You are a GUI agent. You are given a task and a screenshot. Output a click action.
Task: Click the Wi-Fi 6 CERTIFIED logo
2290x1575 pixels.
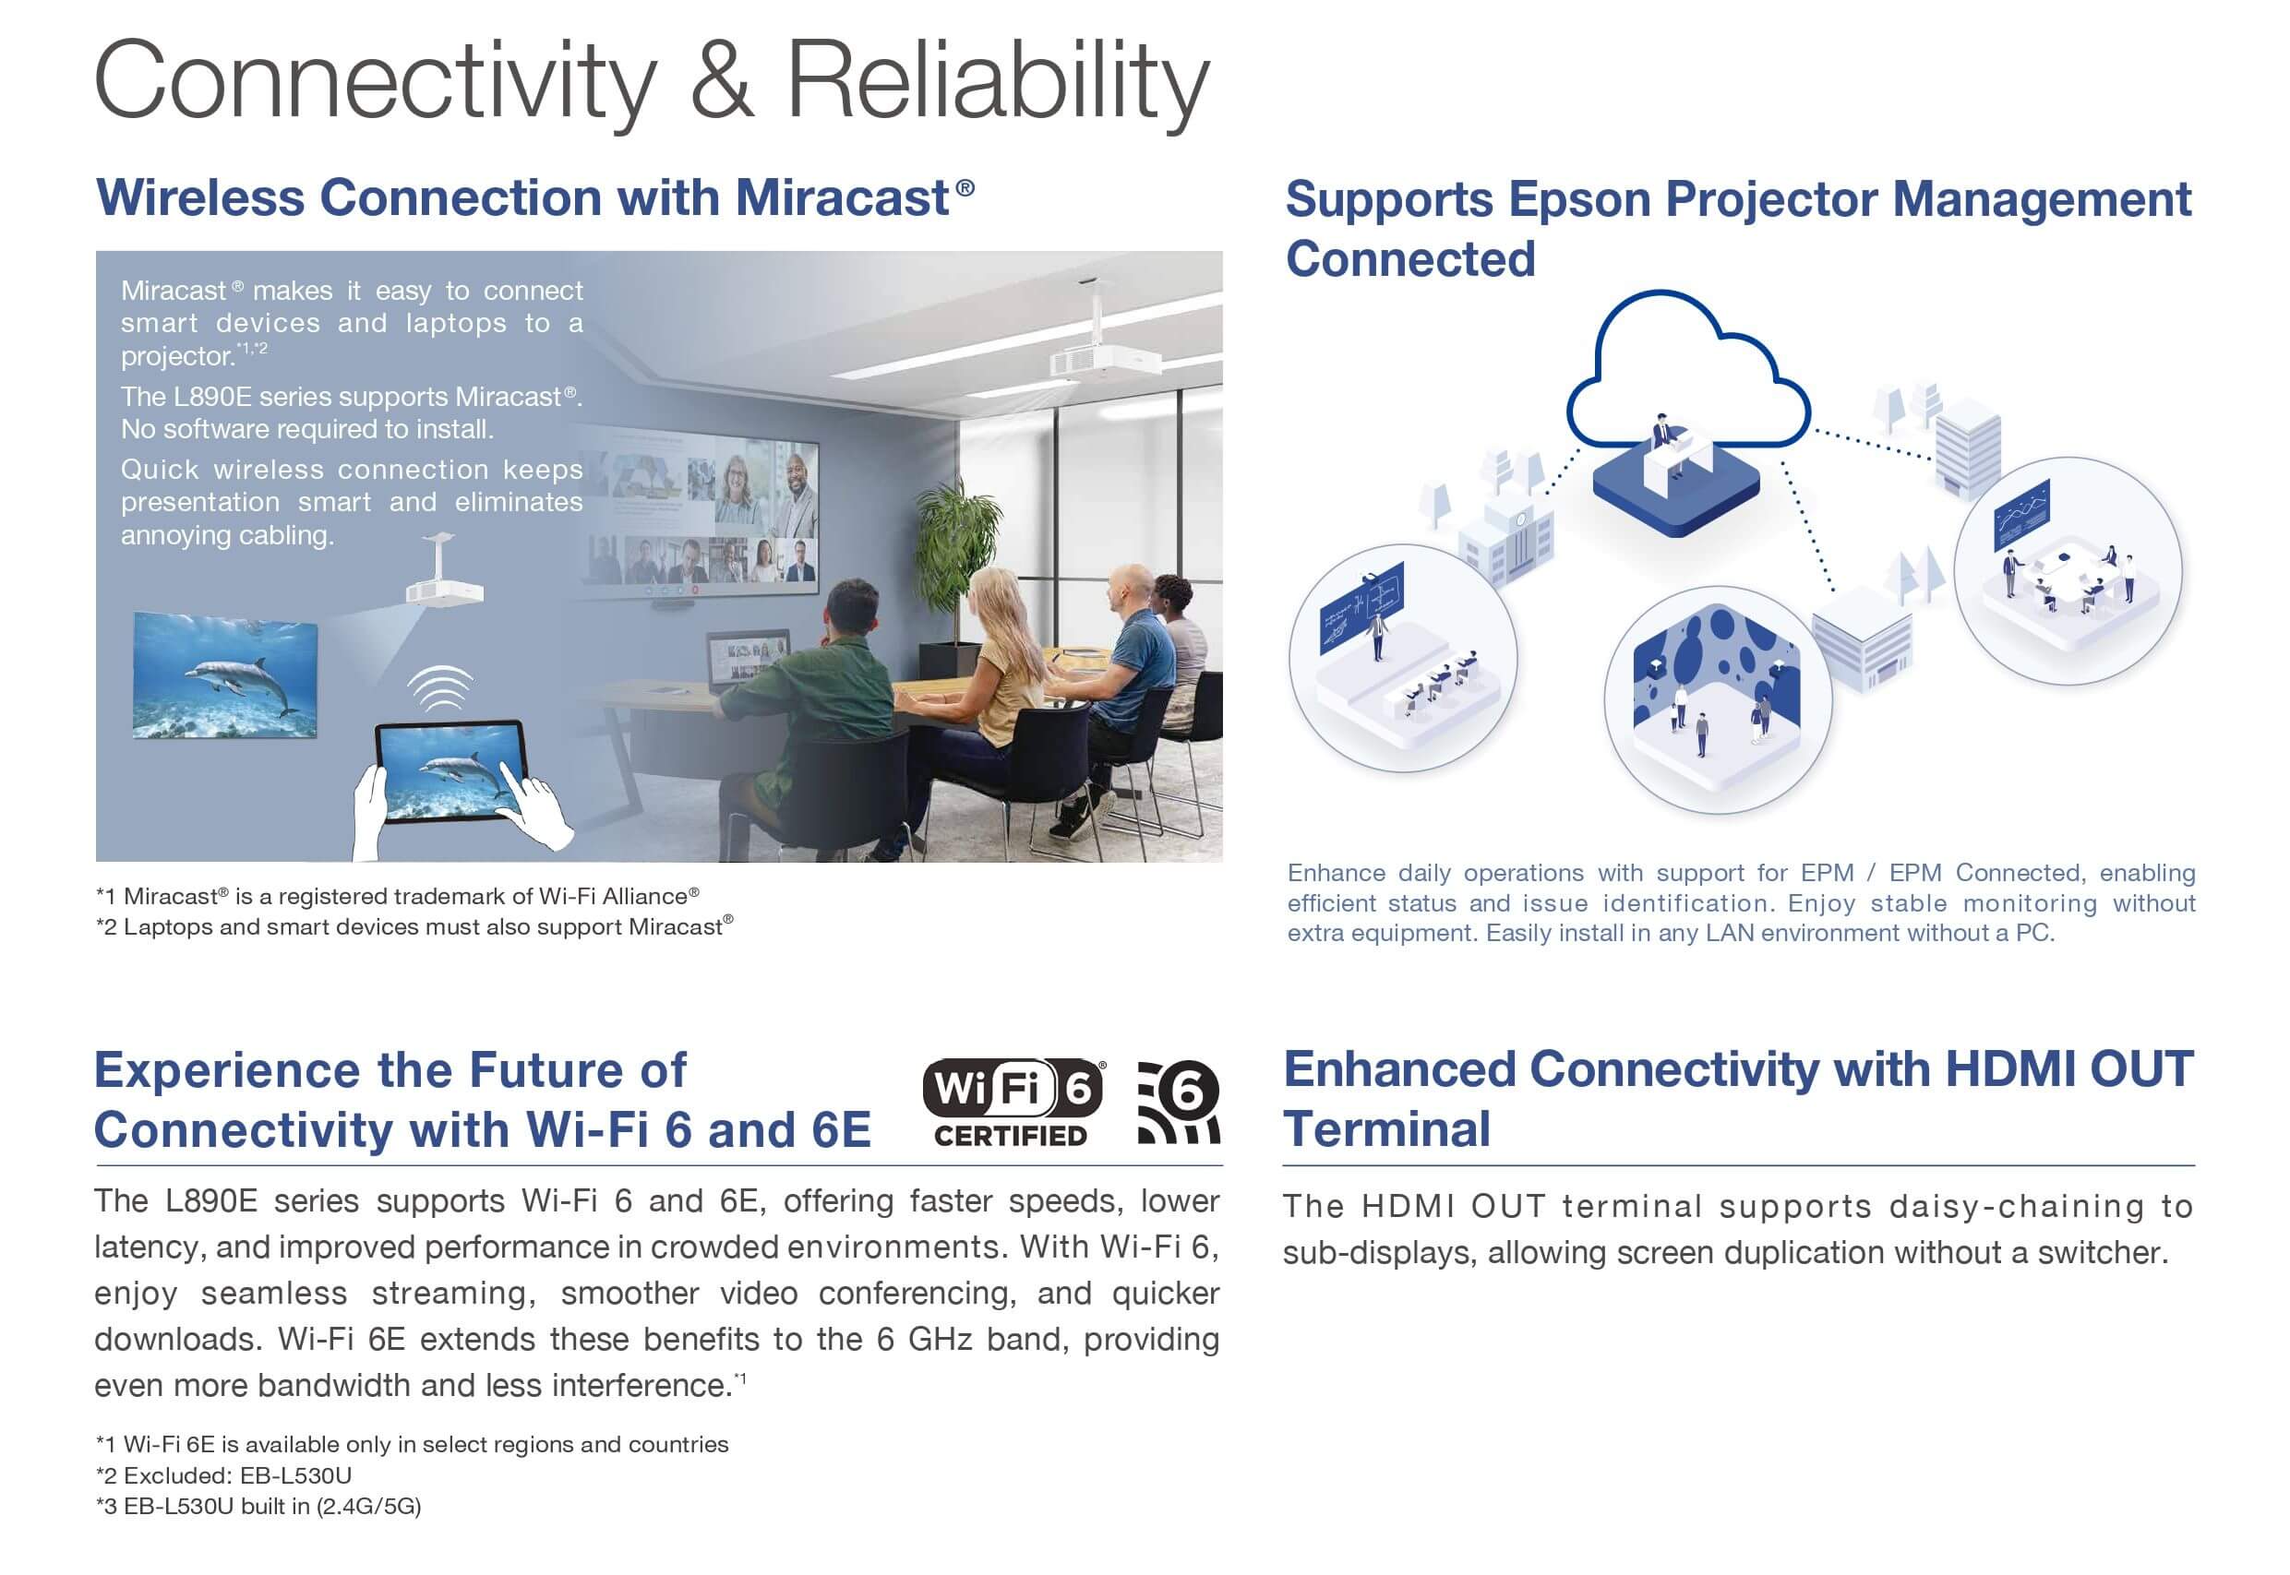click(1013, 1103)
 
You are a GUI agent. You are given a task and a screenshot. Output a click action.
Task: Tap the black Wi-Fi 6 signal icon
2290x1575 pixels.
click(1179, 1103)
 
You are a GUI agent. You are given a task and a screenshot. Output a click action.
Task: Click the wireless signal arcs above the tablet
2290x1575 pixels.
click(441, 687)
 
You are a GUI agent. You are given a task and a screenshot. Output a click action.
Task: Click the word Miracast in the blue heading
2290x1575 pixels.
click(842, 197)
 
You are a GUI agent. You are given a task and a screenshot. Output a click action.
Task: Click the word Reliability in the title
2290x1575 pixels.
click(997, 84)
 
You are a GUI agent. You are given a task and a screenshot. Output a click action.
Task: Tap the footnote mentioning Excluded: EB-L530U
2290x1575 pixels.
click(223, 1475)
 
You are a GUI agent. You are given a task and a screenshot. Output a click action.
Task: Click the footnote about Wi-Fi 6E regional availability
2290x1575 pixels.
click(412, 1445)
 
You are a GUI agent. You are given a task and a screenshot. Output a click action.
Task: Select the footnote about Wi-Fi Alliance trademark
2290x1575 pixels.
click(398, 896)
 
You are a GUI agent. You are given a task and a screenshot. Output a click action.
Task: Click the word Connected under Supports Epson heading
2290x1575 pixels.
click(1410, 259)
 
